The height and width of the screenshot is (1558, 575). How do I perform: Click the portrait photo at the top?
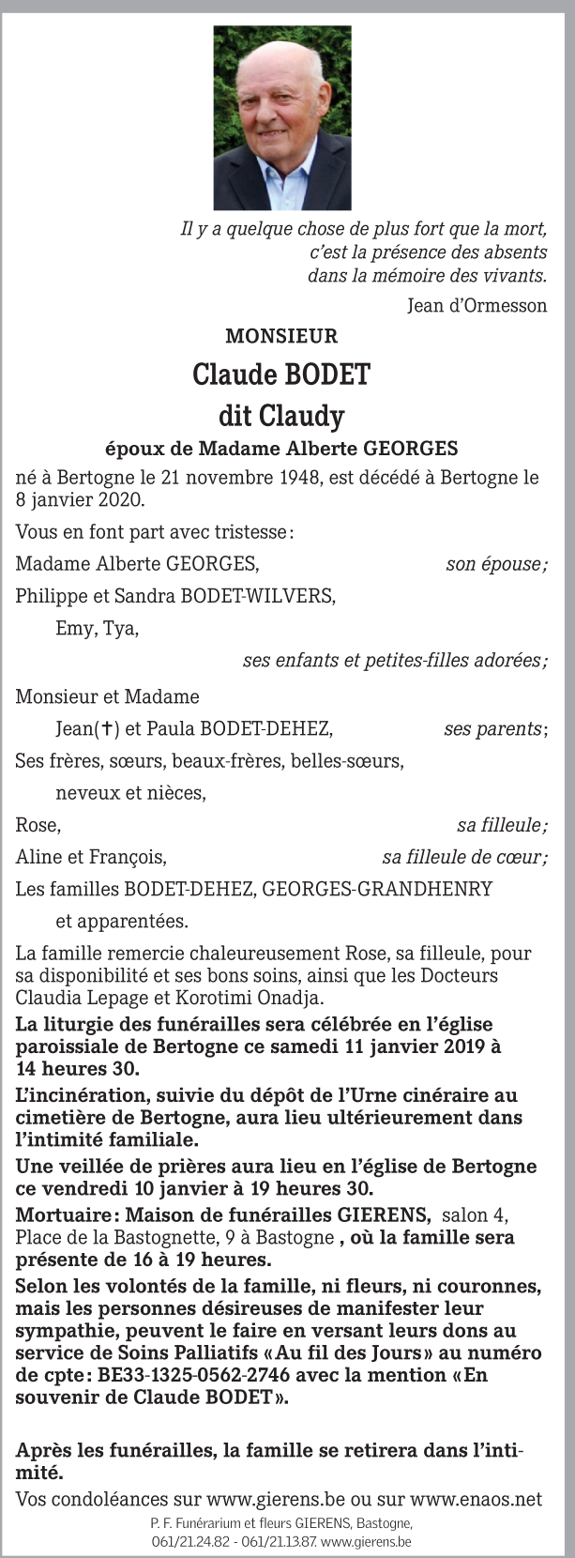pyautogui.click(x=282, y=117)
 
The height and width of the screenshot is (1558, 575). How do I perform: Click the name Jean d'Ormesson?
pyautogui.click(x=477, y=305)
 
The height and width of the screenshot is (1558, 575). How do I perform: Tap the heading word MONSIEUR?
pyautogui.click(x=281, y=336)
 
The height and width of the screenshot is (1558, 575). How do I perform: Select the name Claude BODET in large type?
pyautogui.click(x=281, y=374)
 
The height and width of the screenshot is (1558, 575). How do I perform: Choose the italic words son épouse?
pyautogui.click(x=496, y=564)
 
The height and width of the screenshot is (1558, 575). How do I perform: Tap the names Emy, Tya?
pyautogui.click(x=98, y=628)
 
